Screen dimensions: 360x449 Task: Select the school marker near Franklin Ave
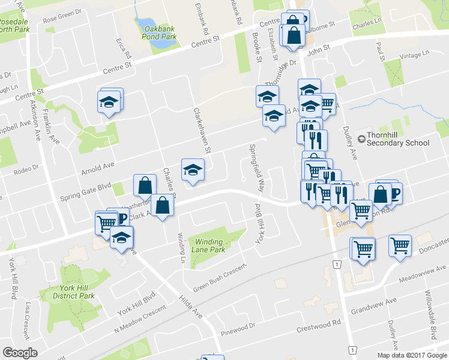[109, 101]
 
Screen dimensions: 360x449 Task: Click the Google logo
[20, 352]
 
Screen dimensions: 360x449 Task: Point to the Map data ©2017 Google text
[412, 355]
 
